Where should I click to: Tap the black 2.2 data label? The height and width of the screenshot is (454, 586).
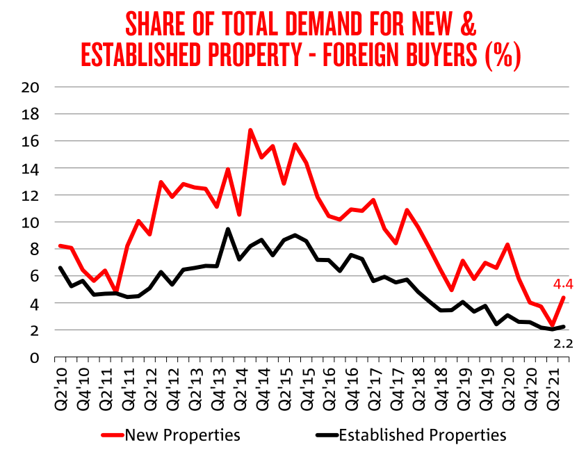[563, 342]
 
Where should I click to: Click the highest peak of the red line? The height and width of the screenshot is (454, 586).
[250, 130]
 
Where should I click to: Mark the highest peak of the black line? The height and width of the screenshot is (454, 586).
[228, 229]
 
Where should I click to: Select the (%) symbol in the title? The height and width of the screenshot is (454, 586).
[502, 55]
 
